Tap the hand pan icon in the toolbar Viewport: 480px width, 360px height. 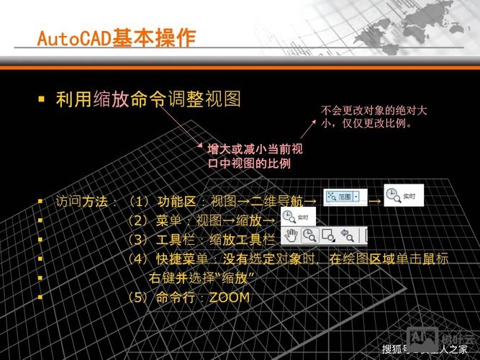click(x=291, y=235)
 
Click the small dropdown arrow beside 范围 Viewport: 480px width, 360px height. click(x=356, y=196)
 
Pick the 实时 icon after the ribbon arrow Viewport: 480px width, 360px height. click(x=400, y=196)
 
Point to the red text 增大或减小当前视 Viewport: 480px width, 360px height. click(x=255, y=150)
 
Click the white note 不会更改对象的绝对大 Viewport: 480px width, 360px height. click(x=373, y=111)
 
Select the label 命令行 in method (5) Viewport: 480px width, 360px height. click(x=173, y=297)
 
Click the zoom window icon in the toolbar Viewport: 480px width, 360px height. click(x=328, y=235)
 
